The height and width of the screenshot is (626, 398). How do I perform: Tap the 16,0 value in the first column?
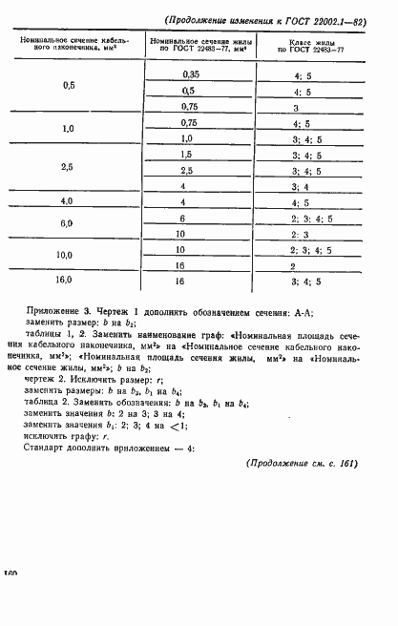68,282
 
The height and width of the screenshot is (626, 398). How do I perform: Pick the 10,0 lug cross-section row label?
68,255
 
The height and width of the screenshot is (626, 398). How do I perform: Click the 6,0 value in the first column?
68,223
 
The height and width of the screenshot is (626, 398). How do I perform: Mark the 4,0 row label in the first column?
68,202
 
